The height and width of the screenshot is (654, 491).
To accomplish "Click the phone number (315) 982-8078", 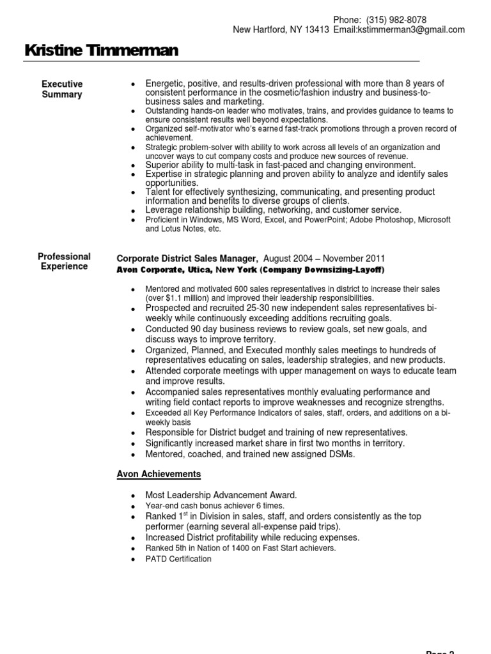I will pyautogui.click(x=396, y=20).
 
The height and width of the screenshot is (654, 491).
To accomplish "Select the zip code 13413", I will pyautogui.click(x=316, y=30).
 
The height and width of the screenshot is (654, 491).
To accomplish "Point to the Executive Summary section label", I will pyautogui.click(x=62, y=89).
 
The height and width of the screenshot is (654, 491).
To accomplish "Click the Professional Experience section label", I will pyautogui.click(x=64, y=261).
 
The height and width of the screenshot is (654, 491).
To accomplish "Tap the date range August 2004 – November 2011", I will pyautogui.click(x=324, y=259).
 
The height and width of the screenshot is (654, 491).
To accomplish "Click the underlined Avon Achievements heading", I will pyautogui.click(x=159, y=474).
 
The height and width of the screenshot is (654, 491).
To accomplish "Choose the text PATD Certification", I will pyautogui.click(x=178, y=559).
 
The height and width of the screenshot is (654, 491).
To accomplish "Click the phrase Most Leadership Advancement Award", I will pyautogui.click(x=221, y=495).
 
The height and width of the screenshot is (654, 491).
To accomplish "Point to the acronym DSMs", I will pyautogui.click(x=341, y=454).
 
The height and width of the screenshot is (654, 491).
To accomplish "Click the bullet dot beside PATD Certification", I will pyautogui.click(x=132, y=560).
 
